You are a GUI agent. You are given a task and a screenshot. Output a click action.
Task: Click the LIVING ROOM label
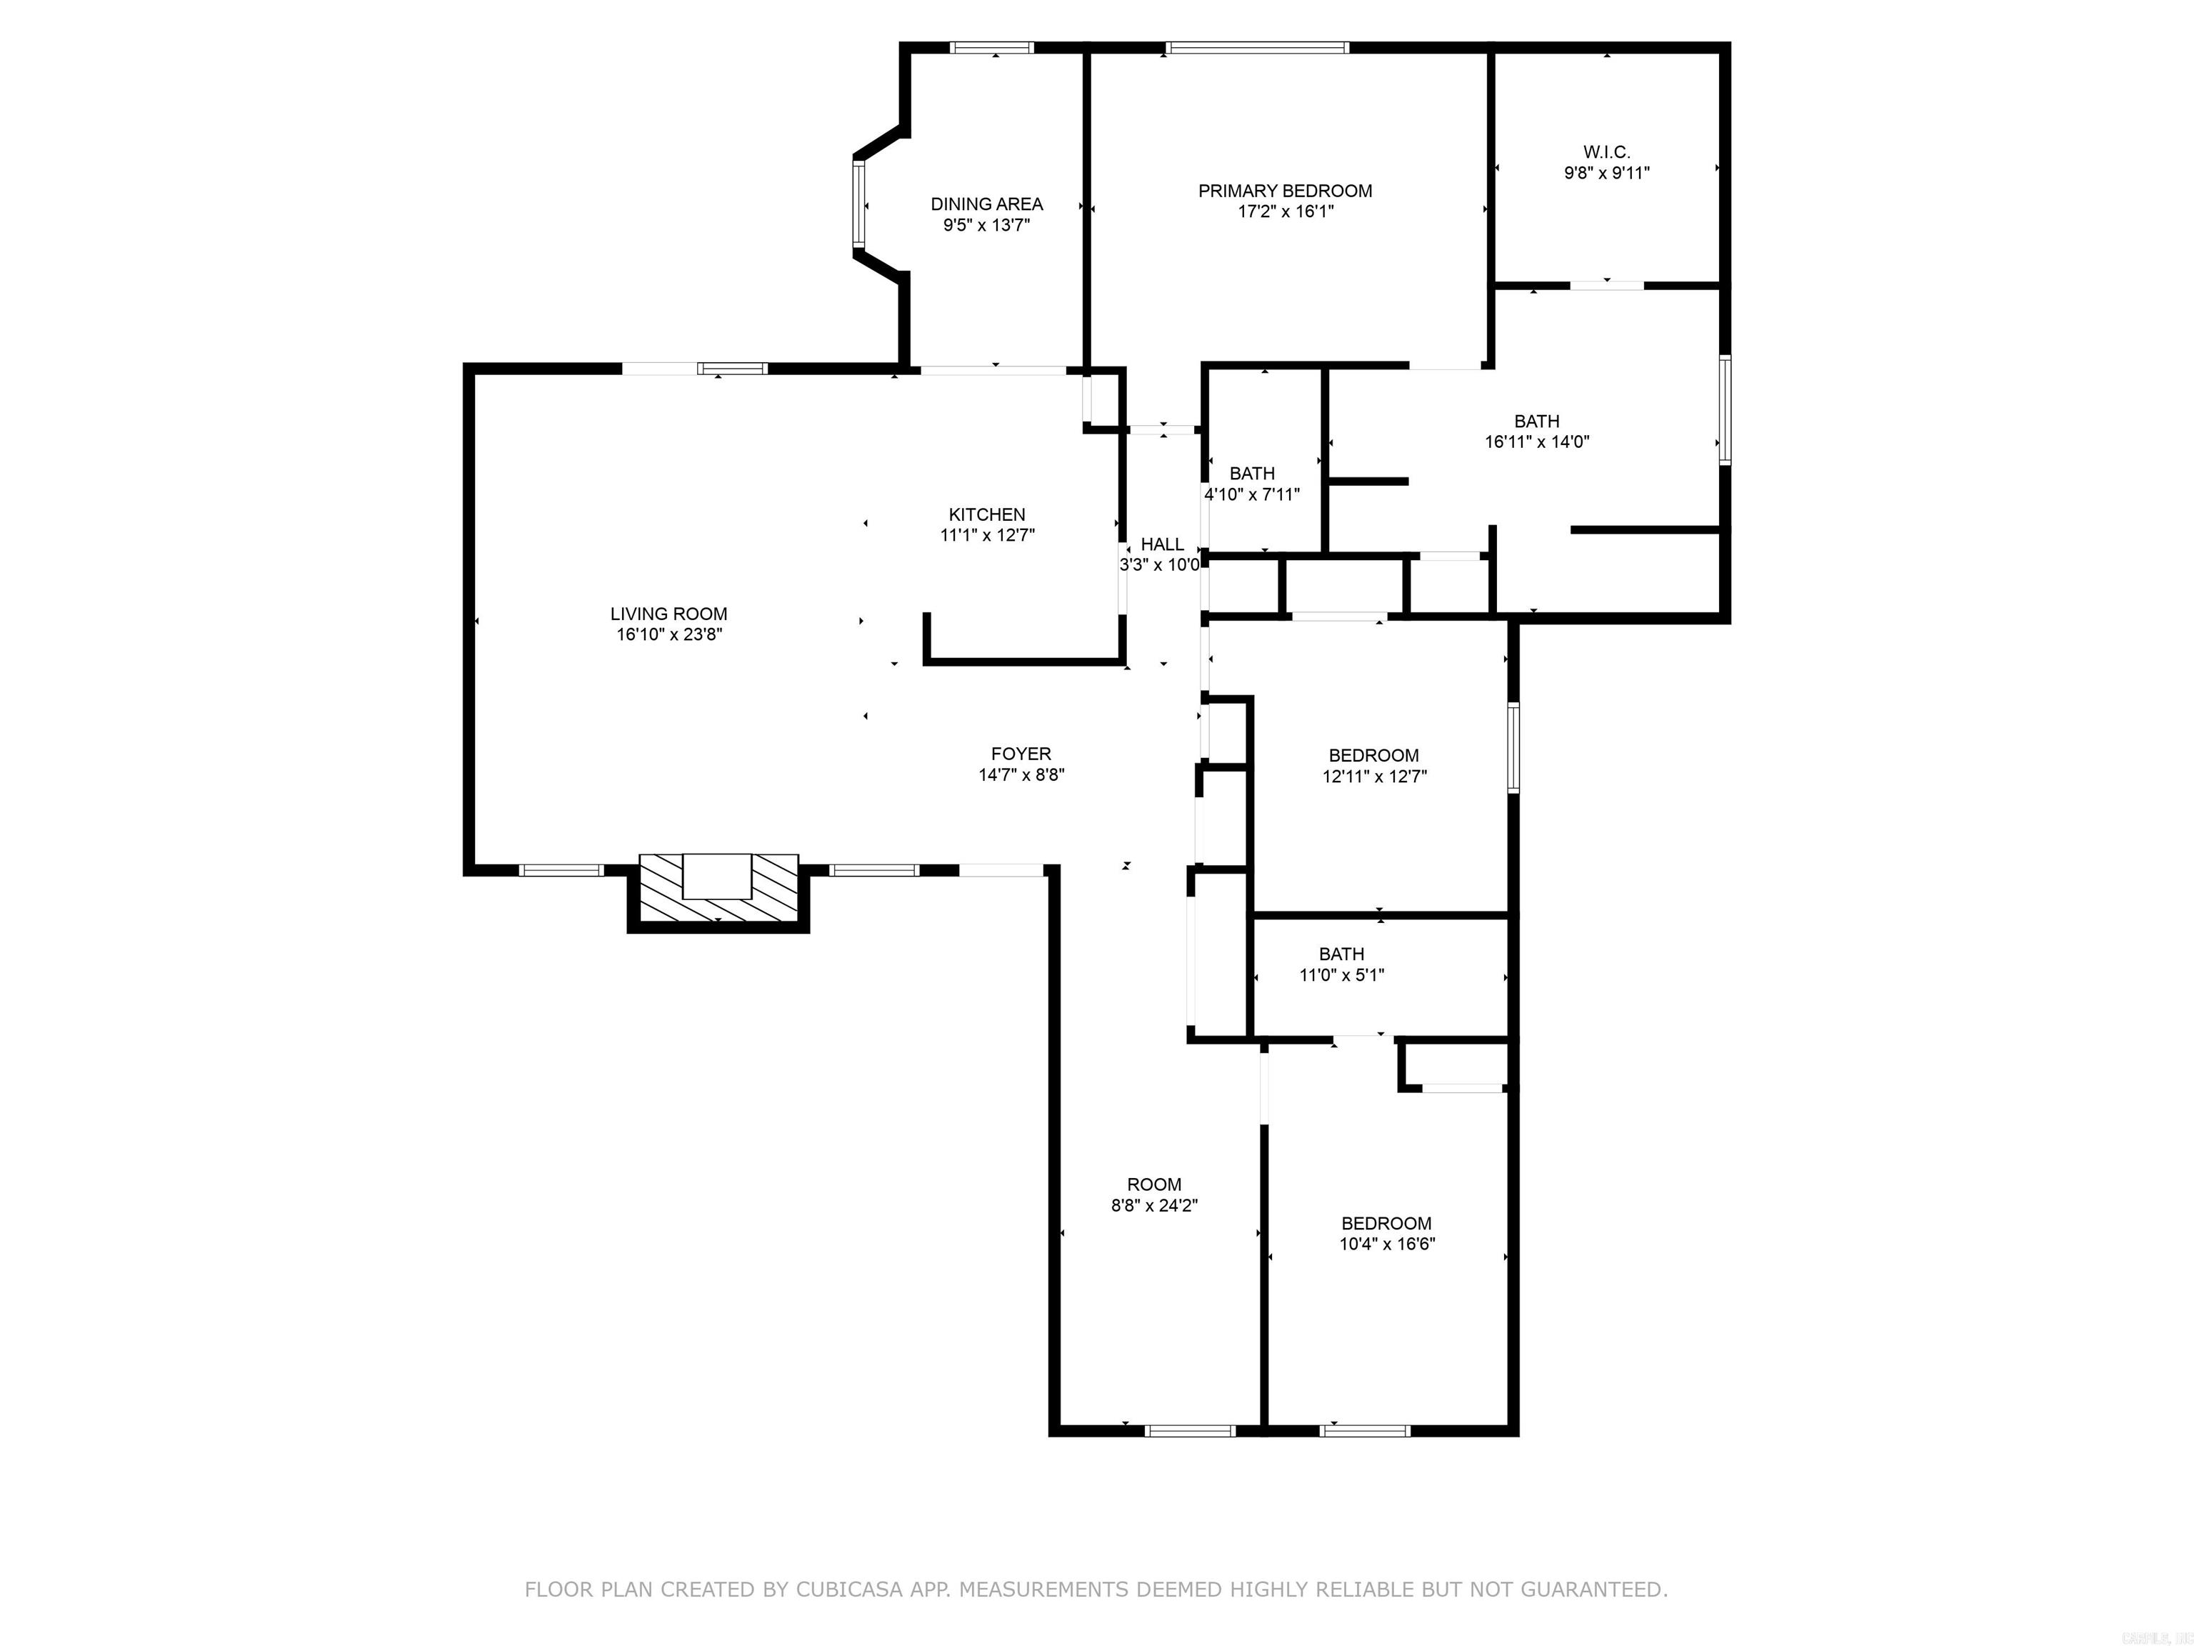pos(668,614)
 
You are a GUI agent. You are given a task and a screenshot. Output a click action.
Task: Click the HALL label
pos(1161,544)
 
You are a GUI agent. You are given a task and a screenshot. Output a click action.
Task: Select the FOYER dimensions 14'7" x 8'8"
pos(1021,775)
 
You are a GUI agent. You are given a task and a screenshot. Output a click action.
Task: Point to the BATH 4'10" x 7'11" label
pos(1252,473)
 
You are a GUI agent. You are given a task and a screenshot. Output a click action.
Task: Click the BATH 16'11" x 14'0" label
pos(1536,421)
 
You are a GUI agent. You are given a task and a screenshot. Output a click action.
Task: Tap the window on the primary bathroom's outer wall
pos(1725,410)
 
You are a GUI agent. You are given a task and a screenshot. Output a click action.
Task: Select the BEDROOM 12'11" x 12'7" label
pos(1373,755)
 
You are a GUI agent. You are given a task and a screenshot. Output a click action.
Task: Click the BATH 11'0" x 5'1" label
pos(1341,954)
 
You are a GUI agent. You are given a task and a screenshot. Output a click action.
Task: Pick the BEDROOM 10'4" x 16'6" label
pos(1386,1223)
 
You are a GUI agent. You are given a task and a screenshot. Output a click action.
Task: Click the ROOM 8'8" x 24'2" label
pos(1153,1184)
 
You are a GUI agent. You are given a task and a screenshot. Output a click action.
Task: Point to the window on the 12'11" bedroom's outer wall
pos(1513,747)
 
